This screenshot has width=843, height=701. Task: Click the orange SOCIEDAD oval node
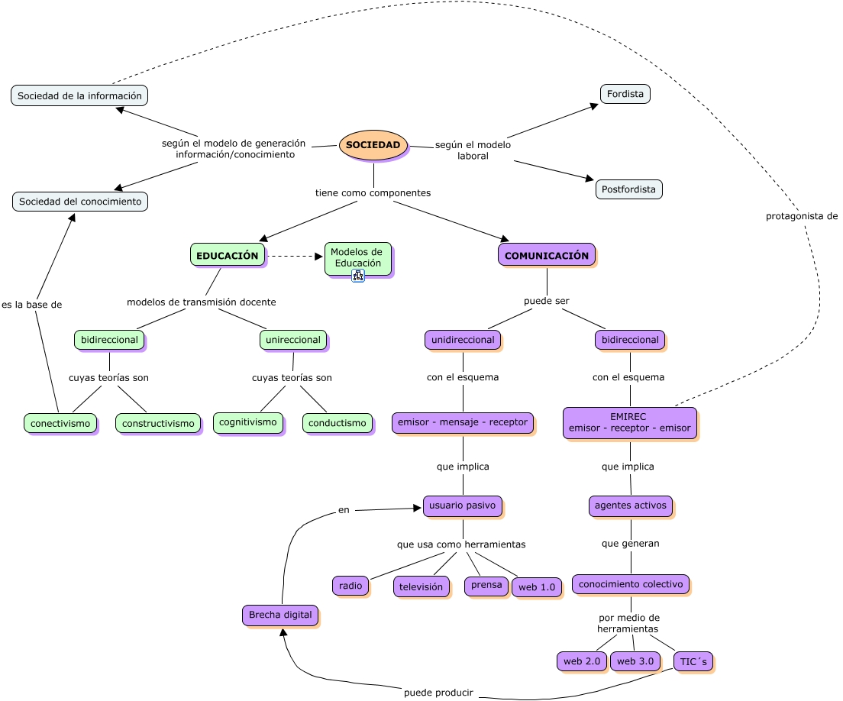(x=373, y=145)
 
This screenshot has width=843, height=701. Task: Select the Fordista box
(x=625, y=94)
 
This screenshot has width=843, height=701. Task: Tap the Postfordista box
(x=628, y=189)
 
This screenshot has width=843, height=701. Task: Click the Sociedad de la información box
(x=79, y=95)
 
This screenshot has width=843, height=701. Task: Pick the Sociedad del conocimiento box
(x=80, y=202)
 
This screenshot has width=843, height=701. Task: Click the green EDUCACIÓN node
(x=227, y=256)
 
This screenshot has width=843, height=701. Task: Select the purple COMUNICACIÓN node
(x=546, y=256)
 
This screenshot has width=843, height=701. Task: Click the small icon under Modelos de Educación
(x=357, y=276)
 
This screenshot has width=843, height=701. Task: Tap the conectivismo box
(x=60, y=423)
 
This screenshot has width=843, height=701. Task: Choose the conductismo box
(x=338, y=423)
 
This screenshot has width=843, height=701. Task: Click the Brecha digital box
(x=280, y=615)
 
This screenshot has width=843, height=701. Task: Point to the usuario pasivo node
(x=462, y=506)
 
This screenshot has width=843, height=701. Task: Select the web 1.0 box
(x=536, y=587)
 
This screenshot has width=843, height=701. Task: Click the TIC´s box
(x=693, y=661)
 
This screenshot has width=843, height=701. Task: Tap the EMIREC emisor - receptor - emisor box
(x=629, y=422)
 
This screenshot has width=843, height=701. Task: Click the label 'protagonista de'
(x=802, y=216)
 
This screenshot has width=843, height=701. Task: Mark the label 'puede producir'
(x=438, y=693)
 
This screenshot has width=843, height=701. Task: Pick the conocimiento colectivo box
(x=630, y=584)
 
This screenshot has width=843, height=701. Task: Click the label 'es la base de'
(x=31, y=305)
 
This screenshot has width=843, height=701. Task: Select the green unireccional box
(x=293, y=340)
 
